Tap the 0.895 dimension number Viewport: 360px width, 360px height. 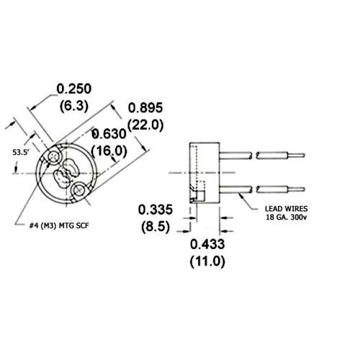(x=145, y=107)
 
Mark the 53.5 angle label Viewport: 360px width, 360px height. (x=22, y=153)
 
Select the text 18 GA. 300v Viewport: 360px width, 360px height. (x=287, y=217)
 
